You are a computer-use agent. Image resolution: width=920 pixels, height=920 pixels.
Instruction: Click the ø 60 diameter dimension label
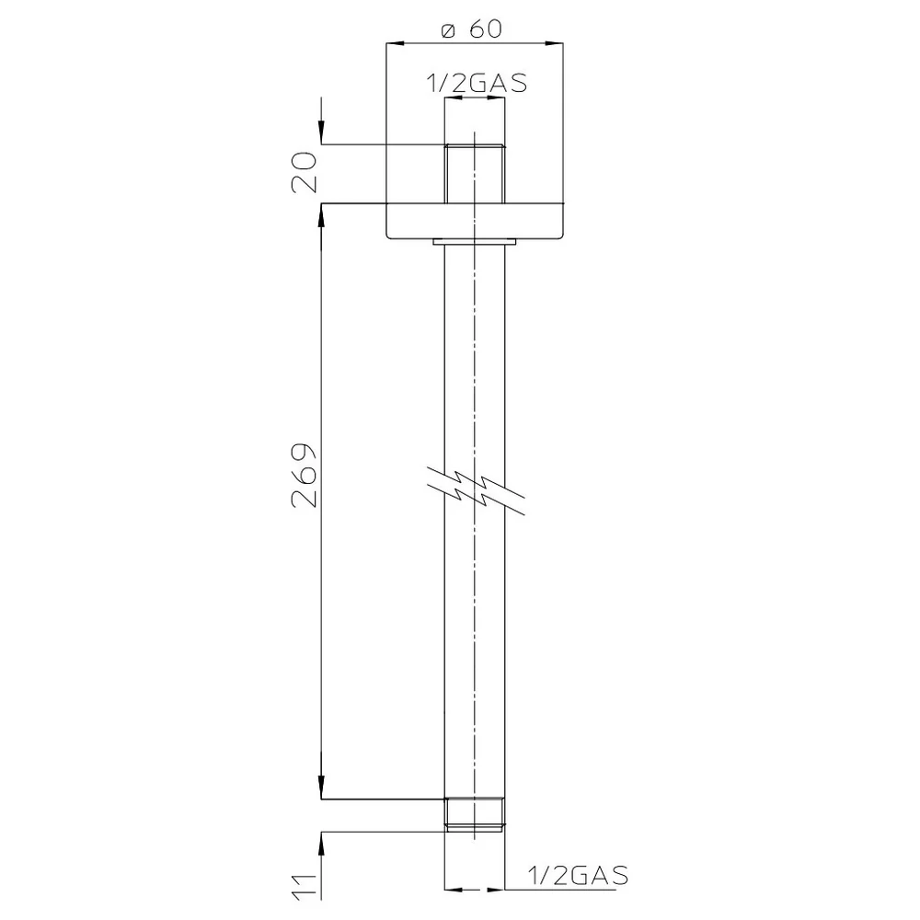(472, 29)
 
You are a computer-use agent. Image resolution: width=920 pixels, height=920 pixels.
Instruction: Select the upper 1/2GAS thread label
(477, 84)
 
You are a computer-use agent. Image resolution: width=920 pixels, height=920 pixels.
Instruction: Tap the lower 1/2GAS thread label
(578, 876)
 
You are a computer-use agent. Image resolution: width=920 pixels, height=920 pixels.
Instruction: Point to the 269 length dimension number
(304, 475)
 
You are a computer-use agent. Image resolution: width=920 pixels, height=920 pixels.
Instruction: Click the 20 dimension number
(304, 173)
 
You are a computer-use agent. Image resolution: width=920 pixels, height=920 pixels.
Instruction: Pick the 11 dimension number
(304, 886)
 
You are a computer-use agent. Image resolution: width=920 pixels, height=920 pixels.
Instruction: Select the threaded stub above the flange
(475, 174)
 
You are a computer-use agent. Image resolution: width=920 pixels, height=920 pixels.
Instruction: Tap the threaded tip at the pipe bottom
(475, 815)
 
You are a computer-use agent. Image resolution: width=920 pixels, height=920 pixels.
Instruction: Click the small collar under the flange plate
(475, 241)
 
